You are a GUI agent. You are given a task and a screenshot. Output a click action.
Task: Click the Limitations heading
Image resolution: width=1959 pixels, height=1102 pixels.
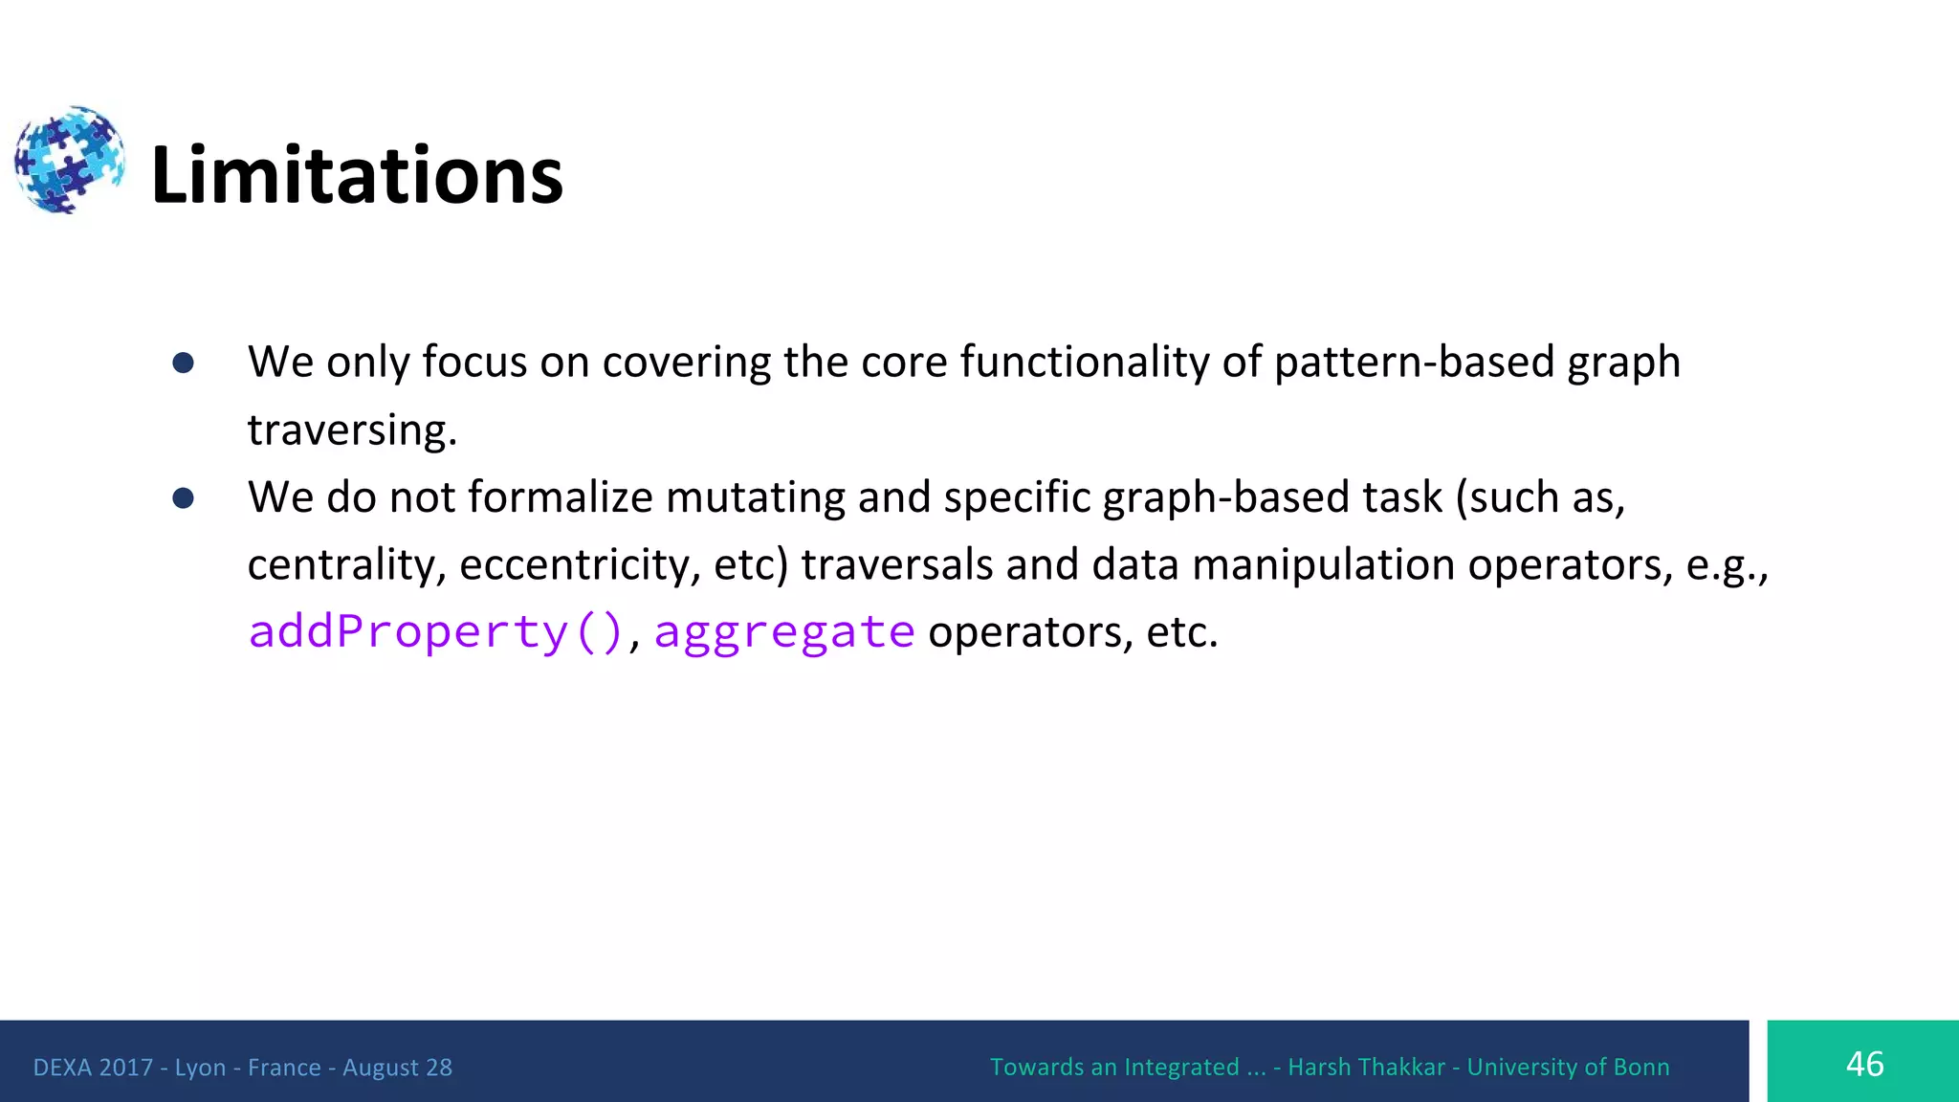357,175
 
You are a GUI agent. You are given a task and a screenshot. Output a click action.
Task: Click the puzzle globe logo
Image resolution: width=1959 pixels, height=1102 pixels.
69,160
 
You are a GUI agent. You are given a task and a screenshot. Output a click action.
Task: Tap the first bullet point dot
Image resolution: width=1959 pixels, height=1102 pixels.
184,363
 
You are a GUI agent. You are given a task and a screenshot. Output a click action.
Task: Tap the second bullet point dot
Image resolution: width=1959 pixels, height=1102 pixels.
184,498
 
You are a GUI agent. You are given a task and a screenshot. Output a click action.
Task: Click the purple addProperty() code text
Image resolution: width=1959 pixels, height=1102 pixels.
435,632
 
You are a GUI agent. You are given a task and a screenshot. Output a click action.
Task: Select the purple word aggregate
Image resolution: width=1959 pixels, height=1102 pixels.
784,632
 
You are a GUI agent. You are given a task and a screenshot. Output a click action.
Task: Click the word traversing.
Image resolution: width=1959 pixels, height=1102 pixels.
350,430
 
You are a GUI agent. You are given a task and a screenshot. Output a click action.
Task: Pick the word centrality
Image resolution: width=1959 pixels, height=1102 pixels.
344,565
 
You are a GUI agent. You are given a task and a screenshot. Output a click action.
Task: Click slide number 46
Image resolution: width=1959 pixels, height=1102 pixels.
1863,1064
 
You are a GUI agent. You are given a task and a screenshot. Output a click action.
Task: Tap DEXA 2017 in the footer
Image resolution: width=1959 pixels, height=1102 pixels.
93,1068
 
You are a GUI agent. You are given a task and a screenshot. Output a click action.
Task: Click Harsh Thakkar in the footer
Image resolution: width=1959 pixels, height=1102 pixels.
1366,1068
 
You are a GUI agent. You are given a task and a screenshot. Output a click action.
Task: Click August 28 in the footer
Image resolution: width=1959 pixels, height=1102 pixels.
397,1068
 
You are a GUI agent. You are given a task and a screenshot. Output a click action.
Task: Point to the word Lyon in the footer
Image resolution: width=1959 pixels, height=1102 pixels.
200,1068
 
